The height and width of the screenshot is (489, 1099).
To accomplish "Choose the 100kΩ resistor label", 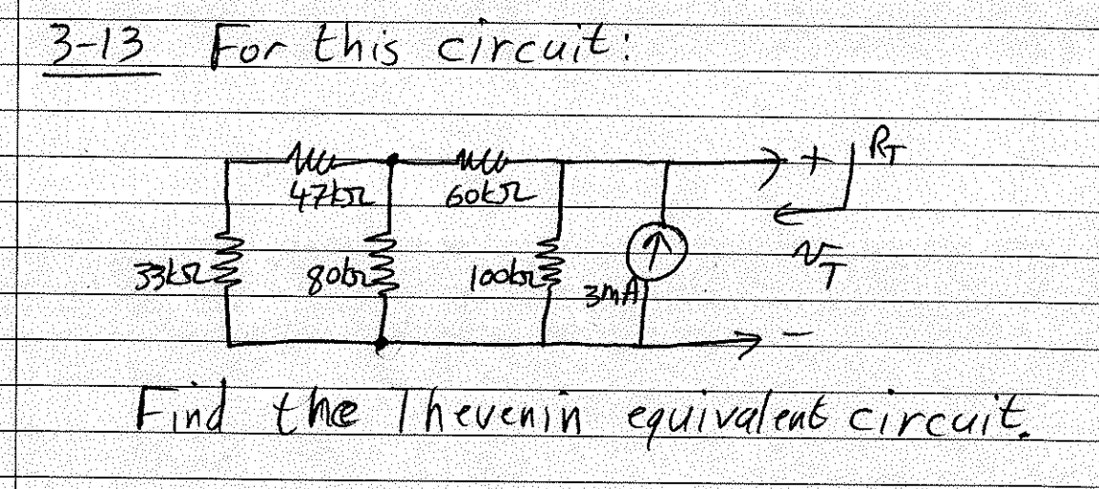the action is (x=495, y=283).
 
